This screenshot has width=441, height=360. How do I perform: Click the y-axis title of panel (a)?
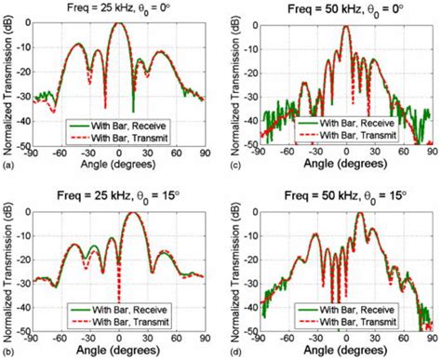pos(7,82)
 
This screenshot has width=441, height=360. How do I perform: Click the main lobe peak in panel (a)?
pos(118,23)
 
